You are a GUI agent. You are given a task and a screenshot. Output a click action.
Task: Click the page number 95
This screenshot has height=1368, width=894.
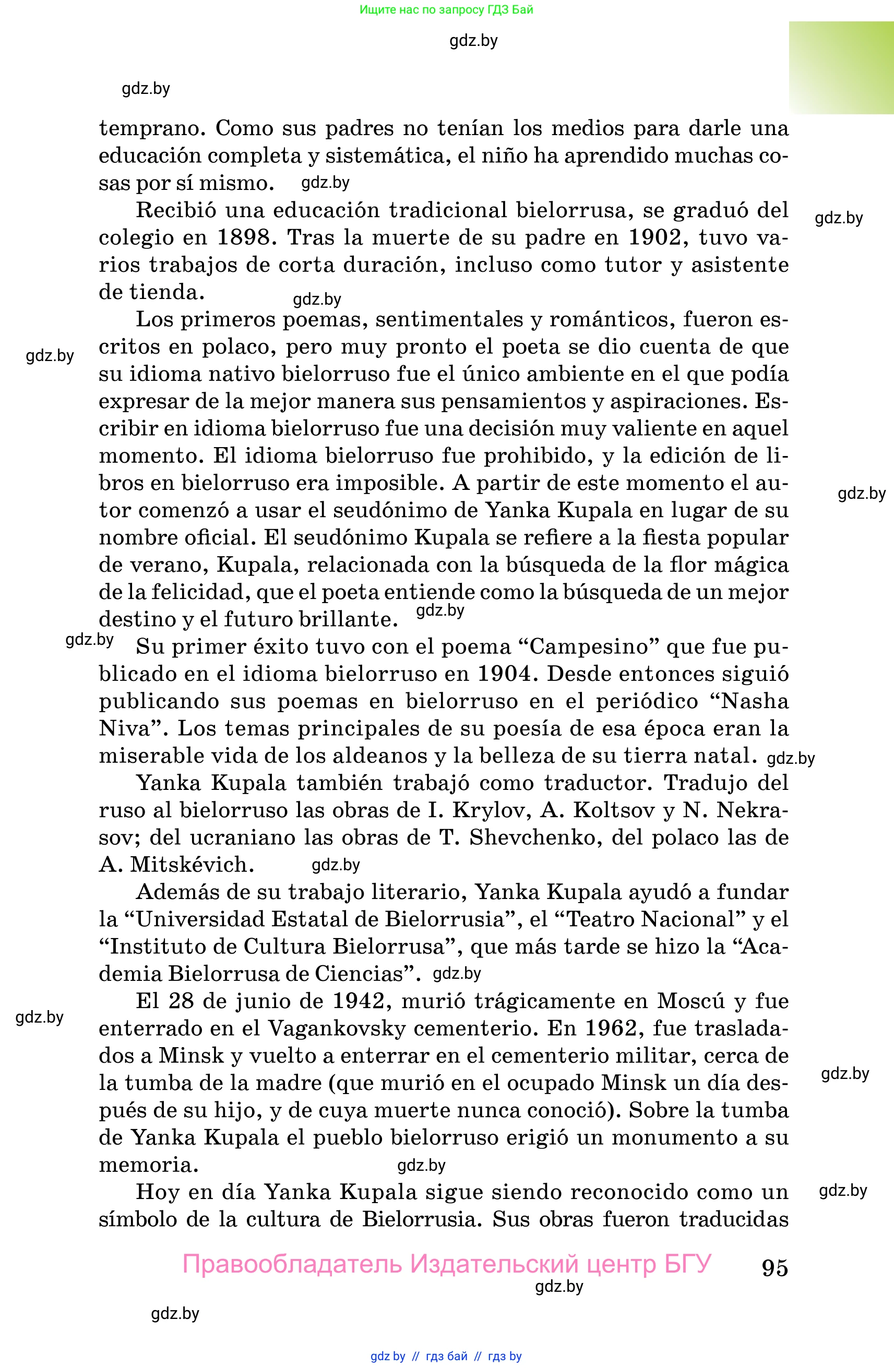tap(774, 1268)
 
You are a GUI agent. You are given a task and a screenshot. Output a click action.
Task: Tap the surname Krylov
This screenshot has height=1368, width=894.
tap(488, 810)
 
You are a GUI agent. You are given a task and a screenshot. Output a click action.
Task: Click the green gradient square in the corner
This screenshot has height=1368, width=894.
tap(841, 67)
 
